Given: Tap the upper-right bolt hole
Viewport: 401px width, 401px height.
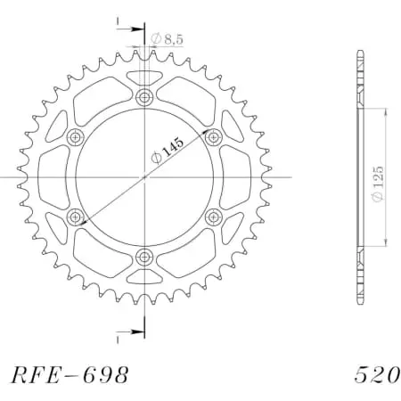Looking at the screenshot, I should pyautogui.click(x=213, y=137).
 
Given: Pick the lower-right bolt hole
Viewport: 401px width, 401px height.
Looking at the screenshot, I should pyautogui.click(x=213, y=217).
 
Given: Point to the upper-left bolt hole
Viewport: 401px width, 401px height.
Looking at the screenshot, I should pyautogui.click(x=75, y=137).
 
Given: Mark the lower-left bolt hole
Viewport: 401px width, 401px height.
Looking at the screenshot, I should pyautogui.click(x=75, y=217).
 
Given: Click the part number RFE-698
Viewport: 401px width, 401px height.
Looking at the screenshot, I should pyautogui.click(x=70, y=373).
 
